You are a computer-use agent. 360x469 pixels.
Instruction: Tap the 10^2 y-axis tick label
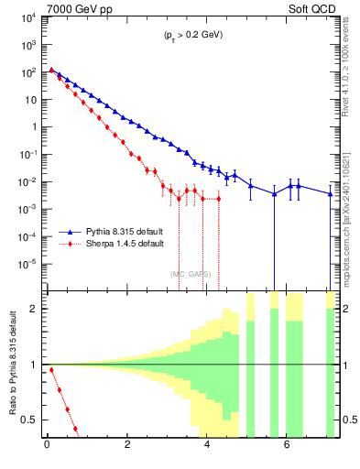click(29, 71)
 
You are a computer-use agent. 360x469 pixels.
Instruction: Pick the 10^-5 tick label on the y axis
click(29, 264)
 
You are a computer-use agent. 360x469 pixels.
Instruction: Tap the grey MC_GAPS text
click(191, 273)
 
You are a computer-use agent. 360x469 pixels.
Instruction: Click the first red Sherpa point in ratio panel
click(51, 370)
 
